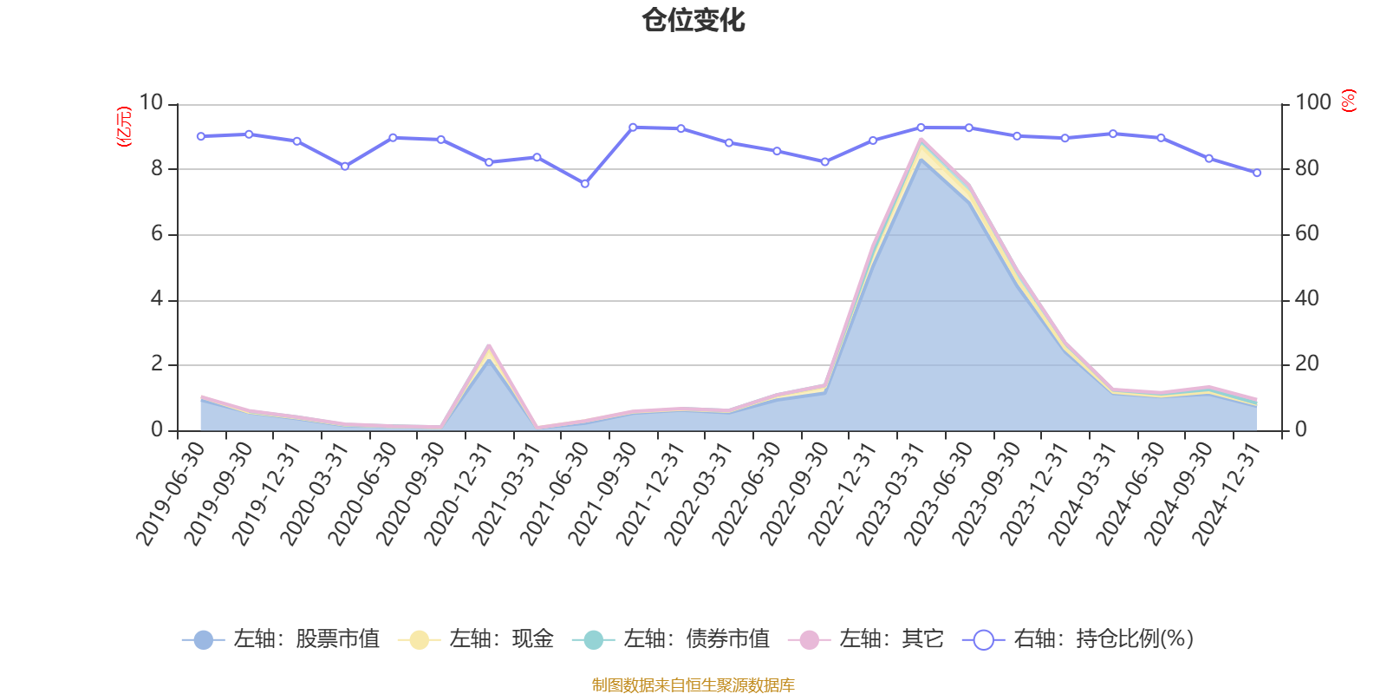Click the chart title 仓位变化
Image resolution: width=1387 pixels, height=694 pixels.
pos(693,20)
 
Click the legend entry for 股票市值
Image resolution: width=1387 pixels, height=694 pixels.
pos(281,639)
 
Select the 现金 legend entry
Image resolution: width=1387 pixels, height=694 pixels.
pos(476,639)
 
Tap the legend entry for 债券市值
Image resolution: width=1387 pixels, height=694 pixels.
pos(671,639)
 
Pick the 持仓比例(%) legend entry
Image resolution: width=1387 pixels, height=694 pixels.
pos(1078,639)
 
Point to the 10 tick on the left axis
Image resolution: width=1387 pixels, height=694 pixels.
pos(151,103)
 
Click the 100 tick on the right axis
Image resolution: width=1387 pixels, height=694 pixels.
pos(1312,103)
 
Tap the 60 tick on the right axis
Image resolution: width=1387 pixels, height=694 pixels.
pos(1307,234)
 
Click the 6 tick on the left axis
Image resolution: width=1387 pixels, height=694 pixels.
pos(157,234)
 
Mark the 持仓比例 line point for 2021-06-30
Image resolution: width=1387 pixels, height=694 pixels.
pos(584,184)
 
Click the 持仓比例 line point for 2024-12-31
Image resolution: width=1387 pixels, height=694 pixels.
pos(1257,173)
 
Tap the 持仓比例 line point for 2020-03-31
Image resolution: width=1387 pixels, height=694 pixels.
pos(345,167)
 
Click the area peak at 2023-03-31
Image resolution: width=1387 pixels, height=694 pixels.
pos(921,140)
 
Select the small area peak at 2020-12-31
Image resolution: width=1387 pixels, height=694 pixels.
pos(489,347)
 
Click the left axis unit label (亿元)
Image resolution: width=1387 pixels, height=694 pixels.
pos(124,127)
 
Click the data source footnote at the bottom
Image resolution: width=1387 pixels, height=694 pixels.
pos(693,685)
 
